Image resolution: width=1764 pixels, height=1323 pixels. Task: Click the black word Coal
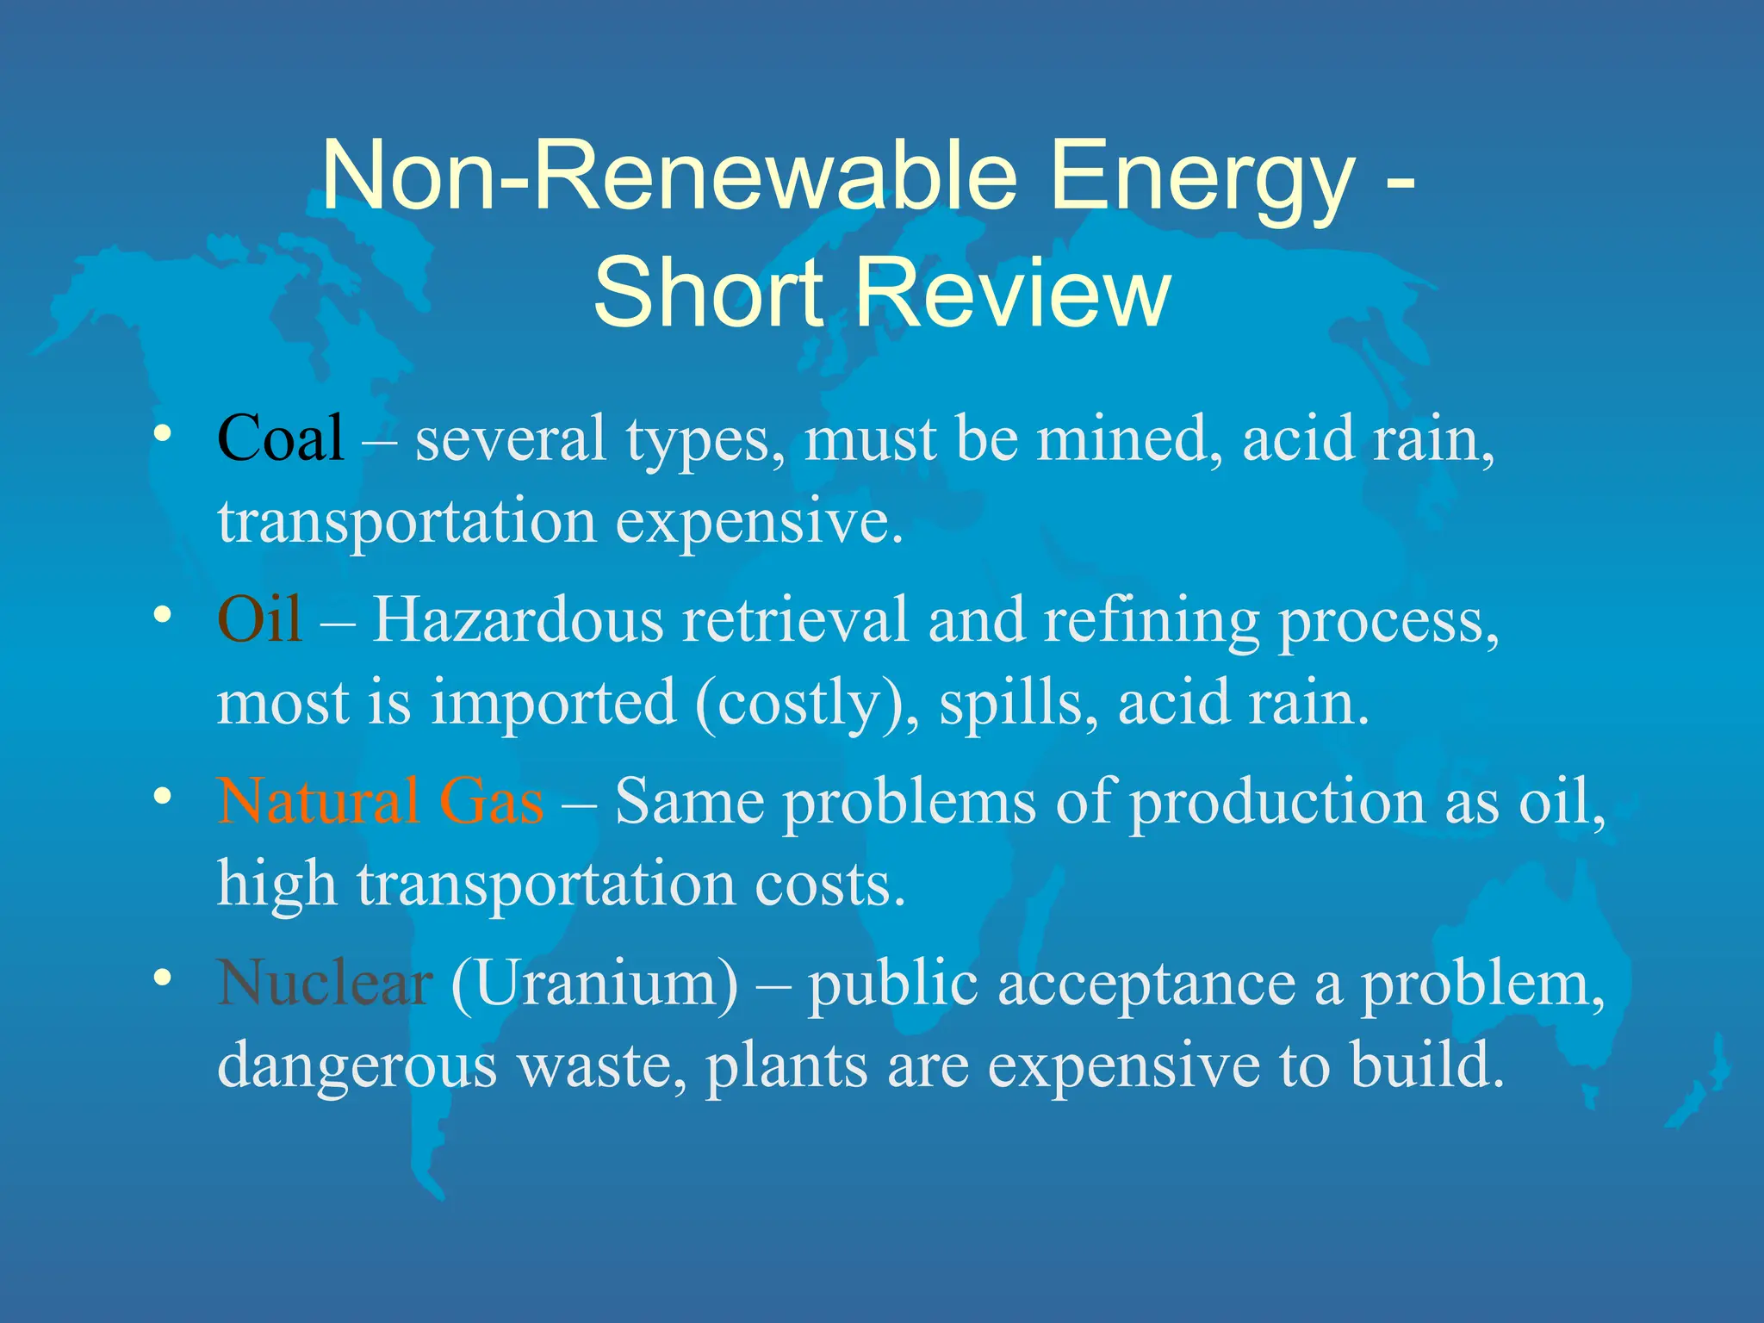281,438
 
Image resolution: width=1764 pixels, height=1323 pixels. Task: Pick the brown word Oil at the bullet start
259,619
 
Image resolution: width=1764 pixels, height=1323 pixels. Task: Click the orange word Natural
318,801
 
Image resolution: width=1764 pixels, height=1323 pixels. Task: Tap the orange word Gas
491,801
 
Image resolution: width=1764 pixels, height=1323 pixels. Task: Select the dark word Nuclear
324,983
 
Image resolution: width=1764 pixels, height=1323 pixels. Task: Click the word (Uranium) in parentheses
594,983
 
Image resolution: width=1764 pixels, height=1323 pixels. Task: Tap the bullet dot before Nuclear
161,978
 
